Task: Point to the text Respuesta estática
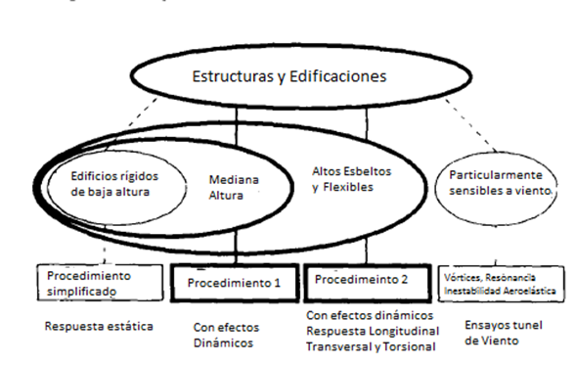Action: pyautogui.click(x=98, y=325)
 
